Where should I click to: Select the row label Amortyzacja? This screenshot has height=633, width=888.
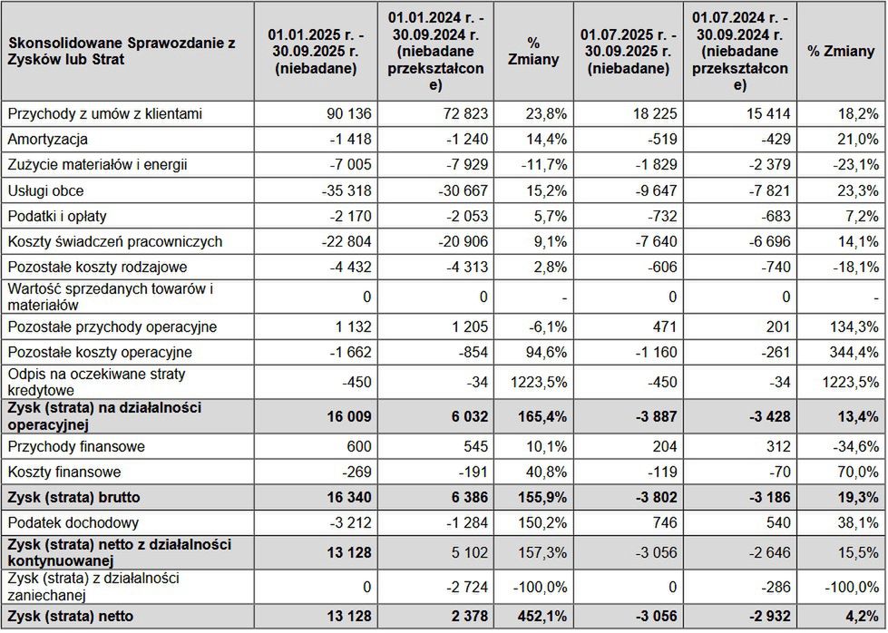point(47,140)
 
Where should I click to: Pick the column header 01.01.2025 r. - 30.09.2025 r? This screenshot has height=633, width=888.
point(315,51)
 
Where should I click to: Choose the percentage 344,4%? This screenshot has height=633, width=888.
point(855,353)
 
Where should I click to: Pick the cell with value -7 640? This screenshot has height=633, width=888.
point(652,242)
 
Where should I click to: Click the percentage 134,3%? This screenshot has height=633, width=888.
point(855,327)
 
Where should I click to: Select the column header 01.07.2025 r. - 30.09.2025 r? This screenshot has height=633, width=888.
point(628,51)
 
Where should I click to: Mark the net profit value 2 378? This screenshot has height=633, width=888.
point(468,617)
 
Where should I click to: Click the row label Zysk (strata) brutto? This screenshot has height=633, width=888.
point(74,498)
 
